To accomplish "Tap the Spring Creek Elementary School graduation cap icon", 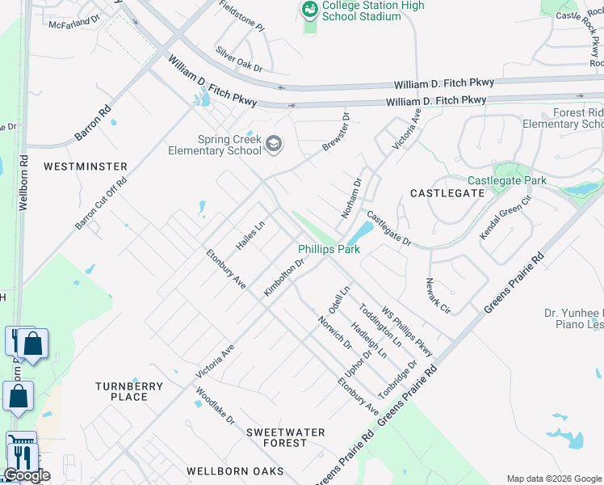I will [274, 144].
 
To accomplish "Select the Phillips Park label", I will [329, 250].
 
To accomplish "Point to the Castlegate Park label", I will [506, 180].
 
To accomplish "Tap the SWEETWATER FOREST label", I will [285, 437].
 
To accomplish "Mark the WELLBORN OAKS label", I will [235, 470].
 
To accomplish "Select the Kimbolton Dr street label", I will [283, 276].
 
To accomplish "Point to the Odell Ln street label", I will [338, 300].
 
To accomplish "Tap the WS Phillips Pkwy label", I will [408, 331].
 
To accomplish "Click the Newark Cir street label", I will [438, 295].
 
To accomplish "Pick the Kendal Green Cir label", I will [506, 217].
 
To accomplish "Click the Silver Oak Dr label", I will [239, 59].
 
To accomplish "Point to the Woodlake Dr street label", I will [215, 409].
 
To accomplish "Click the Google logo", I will [27, 475].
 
